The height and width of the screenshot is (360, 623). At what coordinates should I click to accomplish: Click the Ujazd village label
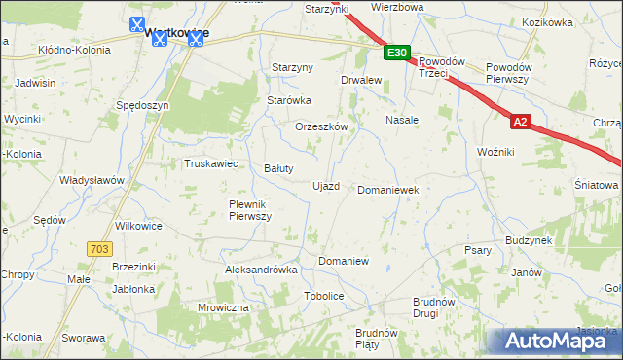[325, 186]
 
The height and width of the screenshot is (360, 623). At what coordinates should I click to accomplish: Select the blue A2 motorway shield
[522, 122]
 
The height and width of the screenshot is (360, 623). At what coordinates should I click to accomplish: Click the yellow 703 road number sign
[97, 249]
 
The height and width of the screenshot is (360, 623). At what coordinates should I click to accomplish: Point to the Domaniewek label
[388, 191]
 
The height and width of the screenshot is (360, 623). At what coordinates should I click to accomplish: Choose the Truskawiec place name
[211, 163]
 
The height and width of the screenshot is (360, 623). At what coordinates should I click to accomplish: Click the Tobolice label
[324, 295]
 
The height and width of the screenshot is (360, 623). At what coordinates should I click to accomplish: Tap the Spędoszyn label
[142, 105]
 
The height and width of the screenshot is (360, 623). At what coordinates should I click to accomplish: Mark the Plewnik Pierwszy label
[249, 210]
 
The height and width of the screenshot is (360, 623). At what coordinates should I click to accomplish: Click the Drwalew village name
[360, 81]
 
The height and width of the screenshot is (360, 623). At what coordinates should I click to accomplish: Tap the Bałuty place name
[279, 168]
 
